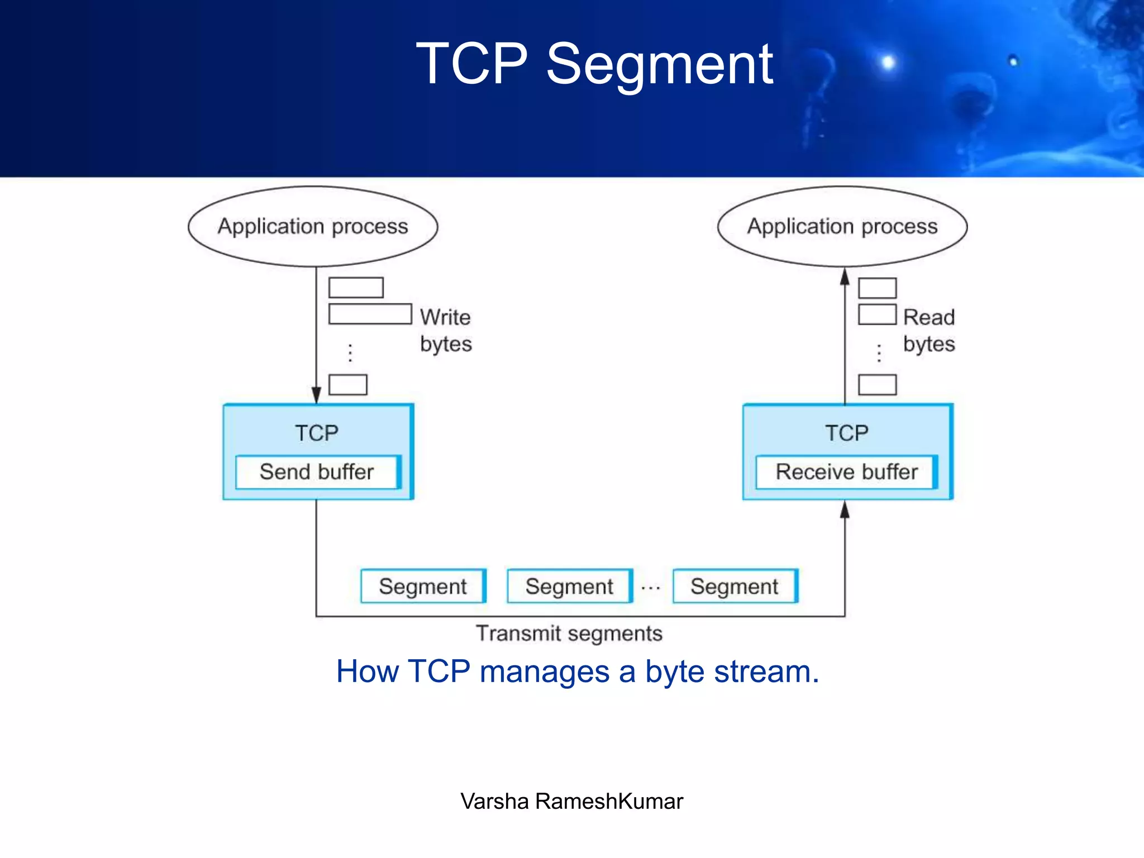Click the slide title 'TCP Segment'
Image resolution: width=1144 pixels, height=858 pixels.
coord(594,64)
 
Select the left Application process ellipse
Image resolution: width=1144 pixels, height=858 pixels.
coord(313,226)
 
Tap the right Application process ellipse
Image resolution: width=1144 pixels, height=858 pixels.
coord(842,226)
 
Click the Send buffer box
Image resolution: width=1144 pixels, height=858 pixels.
coord(317,472)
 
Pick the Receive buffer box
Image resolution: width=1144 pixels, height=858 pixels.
coord(846,472)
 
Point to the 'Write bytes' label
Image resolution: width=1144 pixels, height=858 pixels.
coord(445,330)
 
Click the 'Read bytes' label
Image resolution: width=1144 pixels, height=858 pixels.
coord(929,330)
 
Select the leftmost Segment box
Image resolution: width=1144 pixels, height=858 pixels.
coord(423,586)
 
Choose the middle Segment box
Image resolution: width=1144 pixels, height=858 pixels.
coord(569,586)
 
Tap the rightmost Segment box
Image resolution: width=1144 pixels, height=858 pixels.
coord(735,586)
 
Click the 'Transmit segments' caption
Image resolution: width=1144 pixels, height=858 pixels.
coord(569,633)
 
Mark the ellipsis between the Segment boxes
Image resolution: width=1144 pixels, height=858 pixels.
coord(651,588)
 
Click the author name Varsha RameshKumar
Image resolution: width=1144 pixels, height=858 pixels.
coord(571,801)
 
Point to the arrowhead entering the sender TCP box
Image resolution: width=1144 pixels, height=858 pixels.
coord(316,395)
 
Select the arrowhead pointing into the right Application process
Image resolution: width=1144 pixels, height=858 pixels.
coord(845,277)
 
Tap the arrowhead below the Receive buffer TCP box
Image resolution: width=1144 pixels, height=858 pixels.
coord(845,509)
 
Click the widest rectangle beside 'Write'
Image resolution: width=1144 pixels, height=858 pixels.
coord(370,314)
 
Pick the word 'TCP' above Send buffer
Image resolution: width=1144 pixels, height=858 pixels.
coord(317,433)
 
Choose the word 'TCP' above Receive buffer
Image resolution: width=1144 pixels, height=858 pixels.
coord(847,433)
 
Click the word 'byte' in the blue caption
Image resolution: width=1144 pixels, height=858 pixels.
coord(675,672)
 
